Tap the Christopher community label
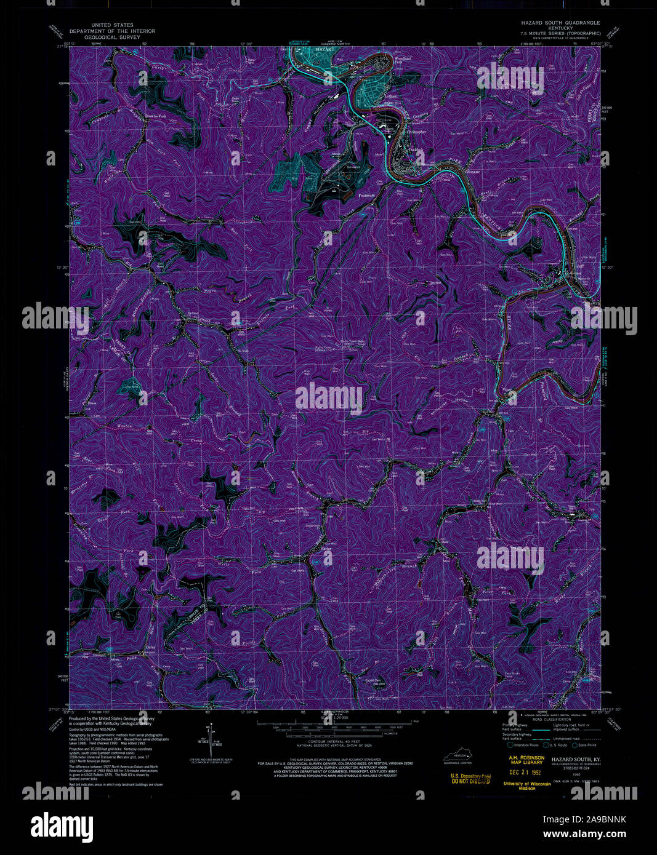(x=416, y=132)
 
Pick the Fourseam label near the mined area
(x=368, y=194)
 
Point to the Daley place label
(x=150, y=648)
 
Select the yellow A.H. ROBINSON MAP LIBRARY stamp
(x=526, y=760)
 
